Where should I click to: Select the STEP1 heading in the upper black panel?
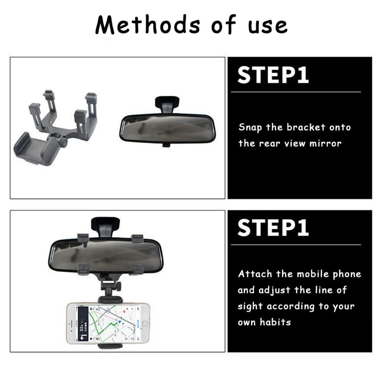pos(273,76)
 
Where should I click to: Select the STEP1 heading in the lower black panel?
pos(273,228)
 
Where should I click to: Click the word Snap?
pos(251,127)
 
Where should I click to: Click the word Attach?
pos(255,274)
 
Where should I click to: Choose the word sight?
pos(250,306)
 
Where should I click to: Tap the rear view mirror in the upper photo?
pos(167,128)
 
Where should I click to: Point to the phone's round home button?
pos(144,323)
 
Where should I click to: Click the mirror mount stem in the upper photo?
pos(167,104)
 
